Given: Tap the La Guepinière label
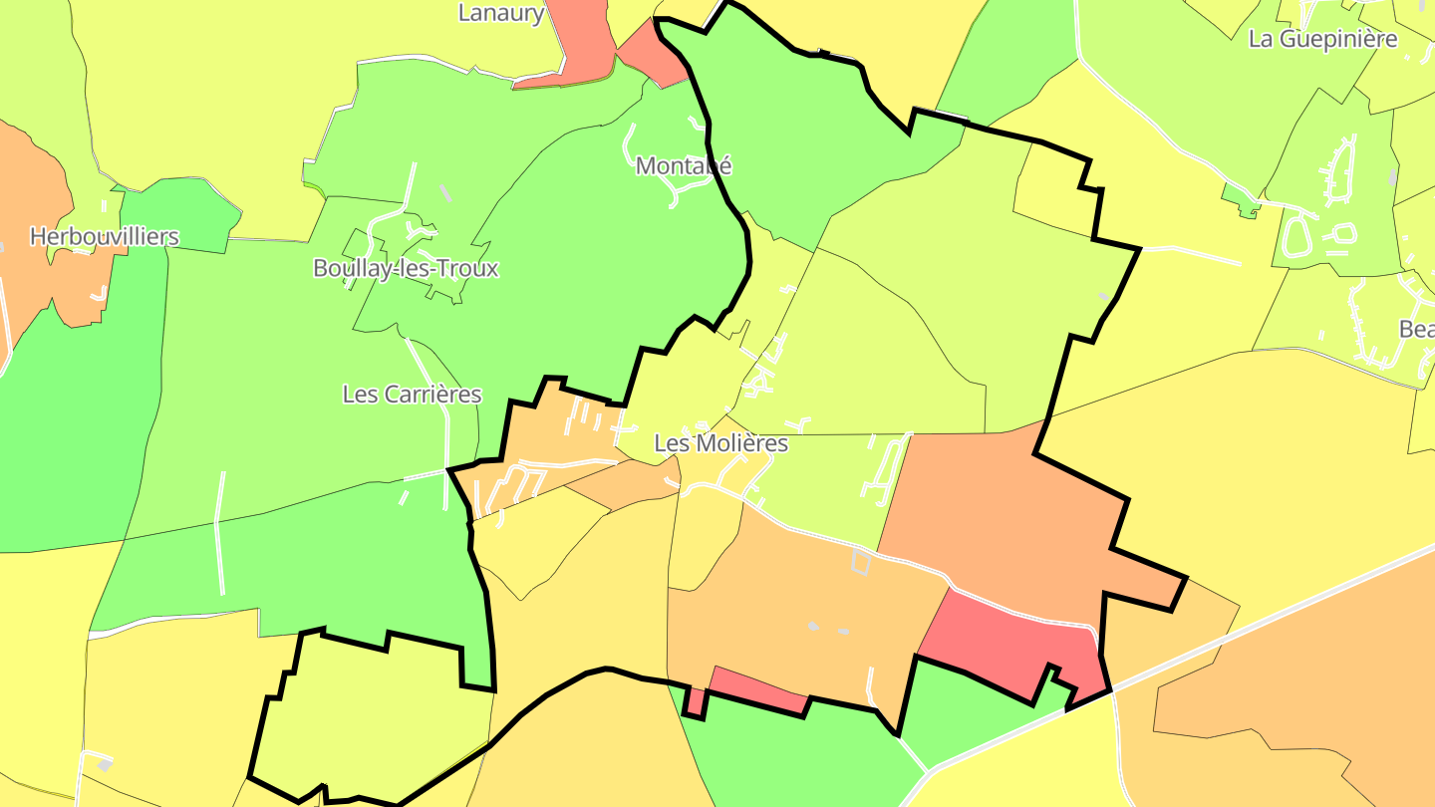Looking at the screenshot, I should [x=1322, y=40].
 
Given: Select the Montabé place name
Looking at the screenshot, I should [x=684, y=165].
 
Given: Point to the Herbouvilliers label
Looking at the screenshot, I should [x=105, y=237].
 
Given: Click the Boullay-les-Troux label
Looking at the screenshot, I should [x=406, y=268].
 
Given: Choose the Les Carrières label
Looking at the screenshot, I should [x=412, y=395].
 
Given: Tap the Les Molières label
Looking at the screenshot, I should [x=721, y=443].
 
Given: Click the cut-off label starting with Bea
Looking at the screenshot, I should [x=1416, y=329].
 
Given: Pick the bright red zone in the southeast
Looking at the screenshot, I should [x=1006, y=648].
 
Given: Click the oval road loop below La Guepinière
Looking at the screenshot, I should [x=1297, y=237].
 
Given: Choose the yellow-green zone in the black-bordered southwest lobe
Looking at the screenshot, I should [x=379, y=717].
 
